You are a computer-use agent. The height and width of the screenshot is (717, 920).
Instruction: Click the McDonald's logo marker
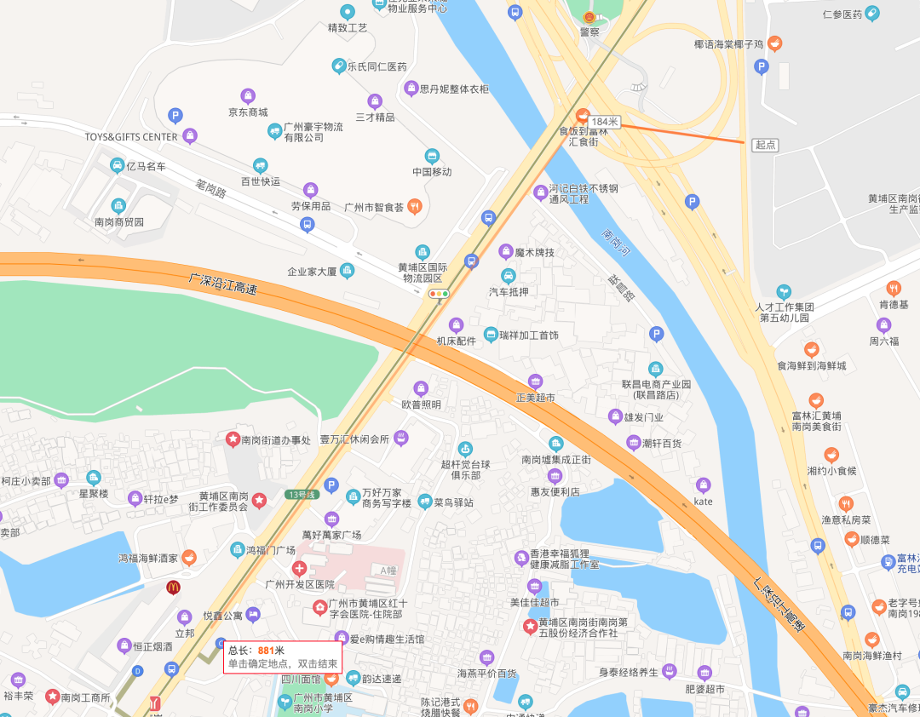click(x=173, y=586)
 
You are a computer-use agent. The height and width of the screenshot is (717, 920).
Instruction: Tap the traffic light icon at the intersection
click(x=439, y=294)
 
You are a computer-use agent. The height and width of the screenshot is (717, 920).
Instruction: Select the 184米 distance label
click(x=604, y=123)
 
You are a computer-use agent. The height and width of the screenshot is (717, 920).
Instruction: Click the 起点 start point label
click(x=765, y=145)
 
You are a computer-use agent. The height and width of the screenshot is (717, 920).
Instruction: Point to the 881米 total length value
click(x=271, y=651)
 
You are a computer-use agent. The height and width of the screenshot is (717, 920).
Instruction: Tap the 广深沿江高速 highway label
click(x=223, y=284)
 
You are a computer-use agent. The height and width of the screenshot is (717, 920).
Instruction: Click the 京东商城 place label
click(x=248, y=112)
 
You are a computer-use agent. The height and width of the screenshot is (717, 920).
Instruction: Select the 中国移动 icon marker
click(x=432, y=156)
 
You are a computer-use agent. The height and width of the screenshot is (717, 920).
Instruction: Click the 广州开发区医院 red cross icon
click(x=299, y=568)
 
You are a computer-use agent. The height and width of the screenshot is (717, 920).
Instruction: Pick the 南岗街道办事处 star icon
click(x=232, y=439)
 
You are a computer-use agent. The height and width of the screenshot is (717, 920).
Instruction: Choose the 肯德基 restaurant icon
click(x=893, y=288)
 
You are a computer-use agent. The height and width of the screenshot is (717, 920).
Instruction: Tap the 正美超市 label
click(x=535, y=397)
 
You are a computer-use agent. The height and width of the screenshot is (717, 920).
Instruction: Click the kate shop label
click(x=703, y=502)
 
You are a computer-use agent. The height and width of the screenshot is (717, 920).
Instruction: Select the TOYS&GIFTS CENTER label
click(x=131, y=137)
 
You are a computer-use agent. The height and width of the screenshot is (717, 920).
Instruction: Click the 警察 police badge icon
click(x=589, y=17)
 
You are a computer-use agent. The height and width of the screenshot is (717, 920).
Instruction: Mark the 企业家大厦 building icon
click(x=347, y=271)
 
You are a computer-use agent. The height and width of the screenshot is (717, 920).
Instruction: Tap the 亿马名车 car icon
click(x=118, y=166)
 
